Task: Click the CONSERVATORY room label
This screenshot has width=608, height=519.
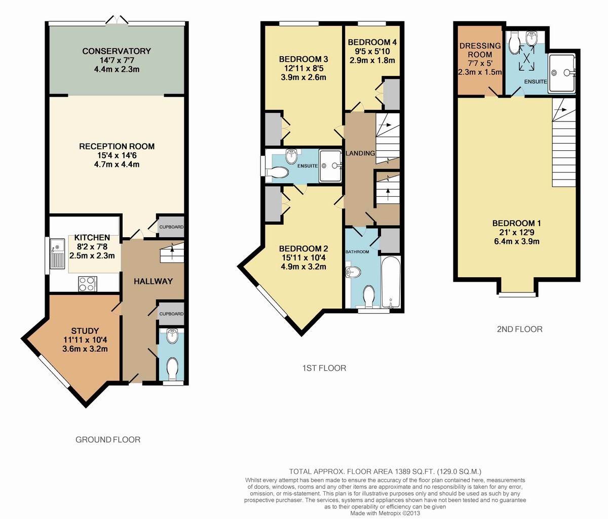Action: tap(117, 51)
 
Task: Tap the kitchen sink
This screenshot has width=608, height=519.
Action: tap(57, 254)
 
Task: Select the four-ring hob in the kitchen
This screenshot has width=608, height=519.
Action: tap(87, 284)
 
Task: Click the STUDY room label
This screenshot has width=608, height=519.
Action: tap(85, 331)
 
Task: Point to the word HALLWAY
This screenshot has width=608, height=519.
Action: tap(153, 281)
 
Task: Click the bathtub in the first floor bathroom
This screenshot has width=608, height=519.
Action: tap(391, 281)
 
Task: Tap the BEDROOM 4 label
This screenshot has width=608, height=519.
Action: tap(372, 42)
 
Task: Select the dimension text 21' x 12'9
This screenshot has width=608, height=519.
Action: tap(517, 232)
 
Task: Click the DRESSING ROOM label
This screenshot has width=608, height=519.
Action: tap(480, 50)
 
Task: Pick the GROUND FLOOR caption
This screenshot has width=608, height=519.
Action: tap(108, 440)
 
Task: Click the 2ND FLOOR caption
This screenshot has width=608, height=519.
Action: tap(520, 329)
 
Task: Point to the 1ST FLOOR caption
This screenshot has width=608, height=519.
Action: tap(324, 368)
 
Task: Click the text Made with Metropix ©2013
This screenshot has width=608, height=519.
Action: tap(385, 513)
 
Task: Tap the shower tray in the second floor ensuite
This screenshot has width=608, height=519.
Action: tap(562, 73)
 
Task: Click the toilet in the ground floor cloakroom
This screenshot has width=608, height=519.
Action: tap(172, 369)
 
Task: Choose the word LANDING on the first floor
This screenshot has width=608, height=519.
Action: tap(360, 153)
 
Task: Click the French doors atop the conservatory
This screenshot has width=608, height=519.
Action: tap(117, 20)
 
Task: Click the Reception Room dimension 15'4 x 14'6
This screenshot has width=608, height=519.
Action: tap(117, 155)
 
